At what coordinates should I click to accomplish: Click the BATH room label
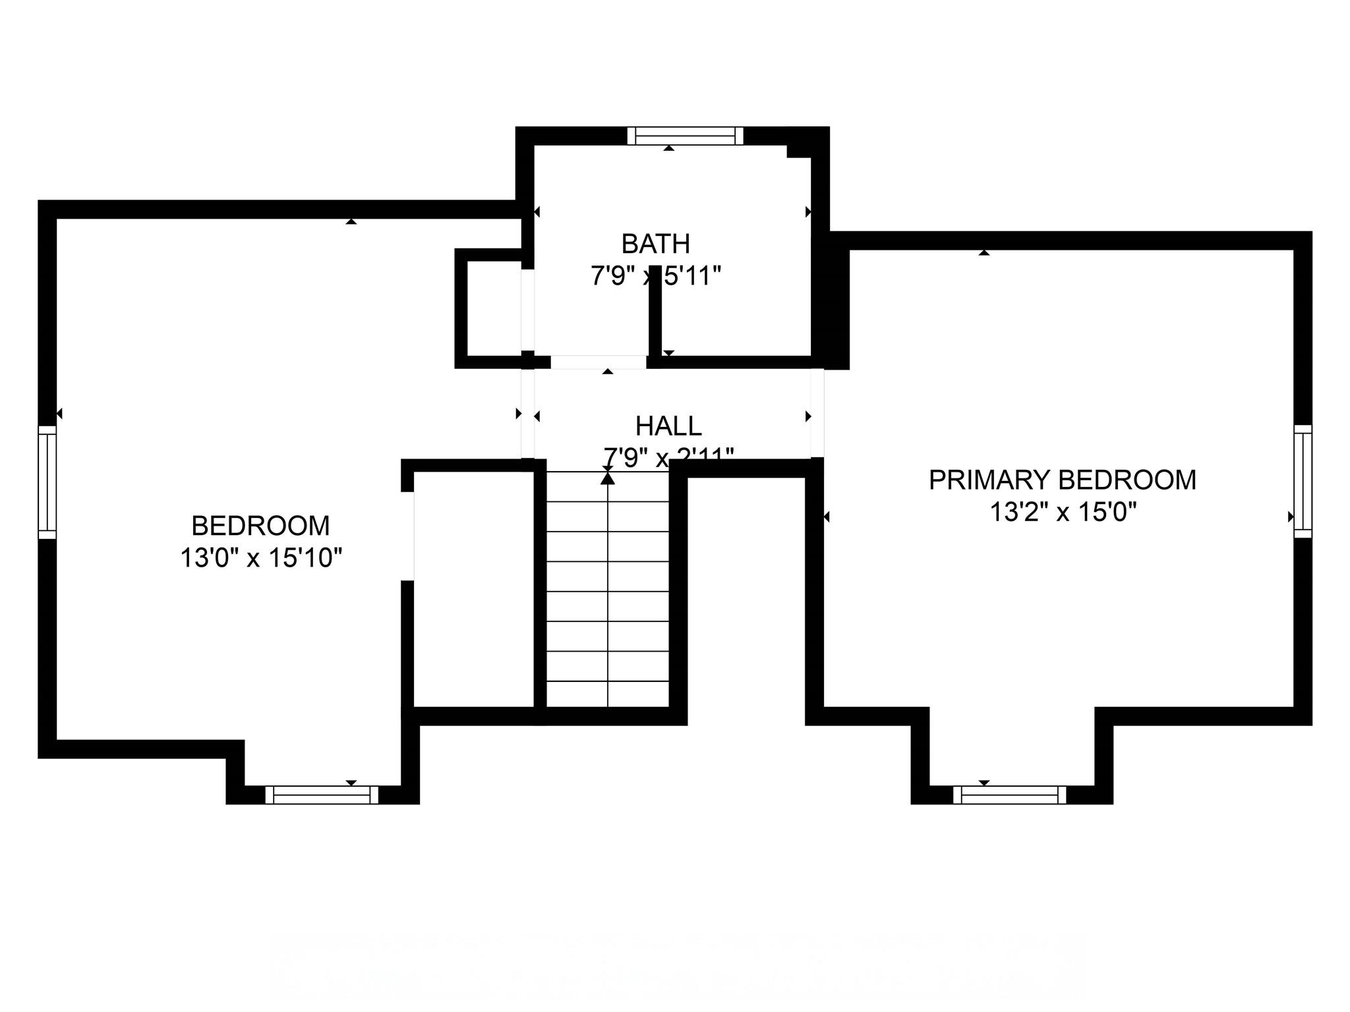tap(655, 244)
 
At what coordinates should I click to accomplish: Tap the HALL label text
tap(668, 426)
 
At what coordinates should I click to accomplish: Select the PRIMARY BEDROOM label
tap(1062, 480)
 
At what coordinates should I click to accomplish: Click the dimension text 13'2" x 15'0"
tap(1063, 512)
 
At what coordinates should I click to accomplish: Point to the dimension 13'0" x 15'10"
tap(261, 559)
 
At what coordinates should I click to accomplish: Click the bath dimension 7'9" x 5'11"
tap(655, 276)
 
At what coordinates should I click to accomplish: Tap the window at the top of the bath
tap(685, 136)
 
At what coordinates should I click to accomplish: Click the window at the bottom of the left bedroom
tap(322, 795)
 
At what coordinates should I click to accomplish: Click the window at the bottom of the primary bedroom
tap(1009, 795)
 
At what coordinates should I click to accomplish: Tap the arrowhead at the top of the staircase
tap(608, 478)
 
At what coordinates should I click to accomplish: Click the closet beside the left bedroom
tap(473, 590)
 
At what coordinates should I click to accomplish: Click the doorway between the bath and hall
tap(598, 362)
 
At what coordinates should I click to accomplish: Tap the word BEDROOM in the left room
tap(261, 526)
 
